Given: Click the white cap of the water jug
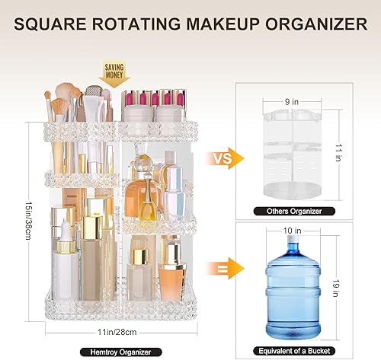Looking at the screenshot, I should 293,245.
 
